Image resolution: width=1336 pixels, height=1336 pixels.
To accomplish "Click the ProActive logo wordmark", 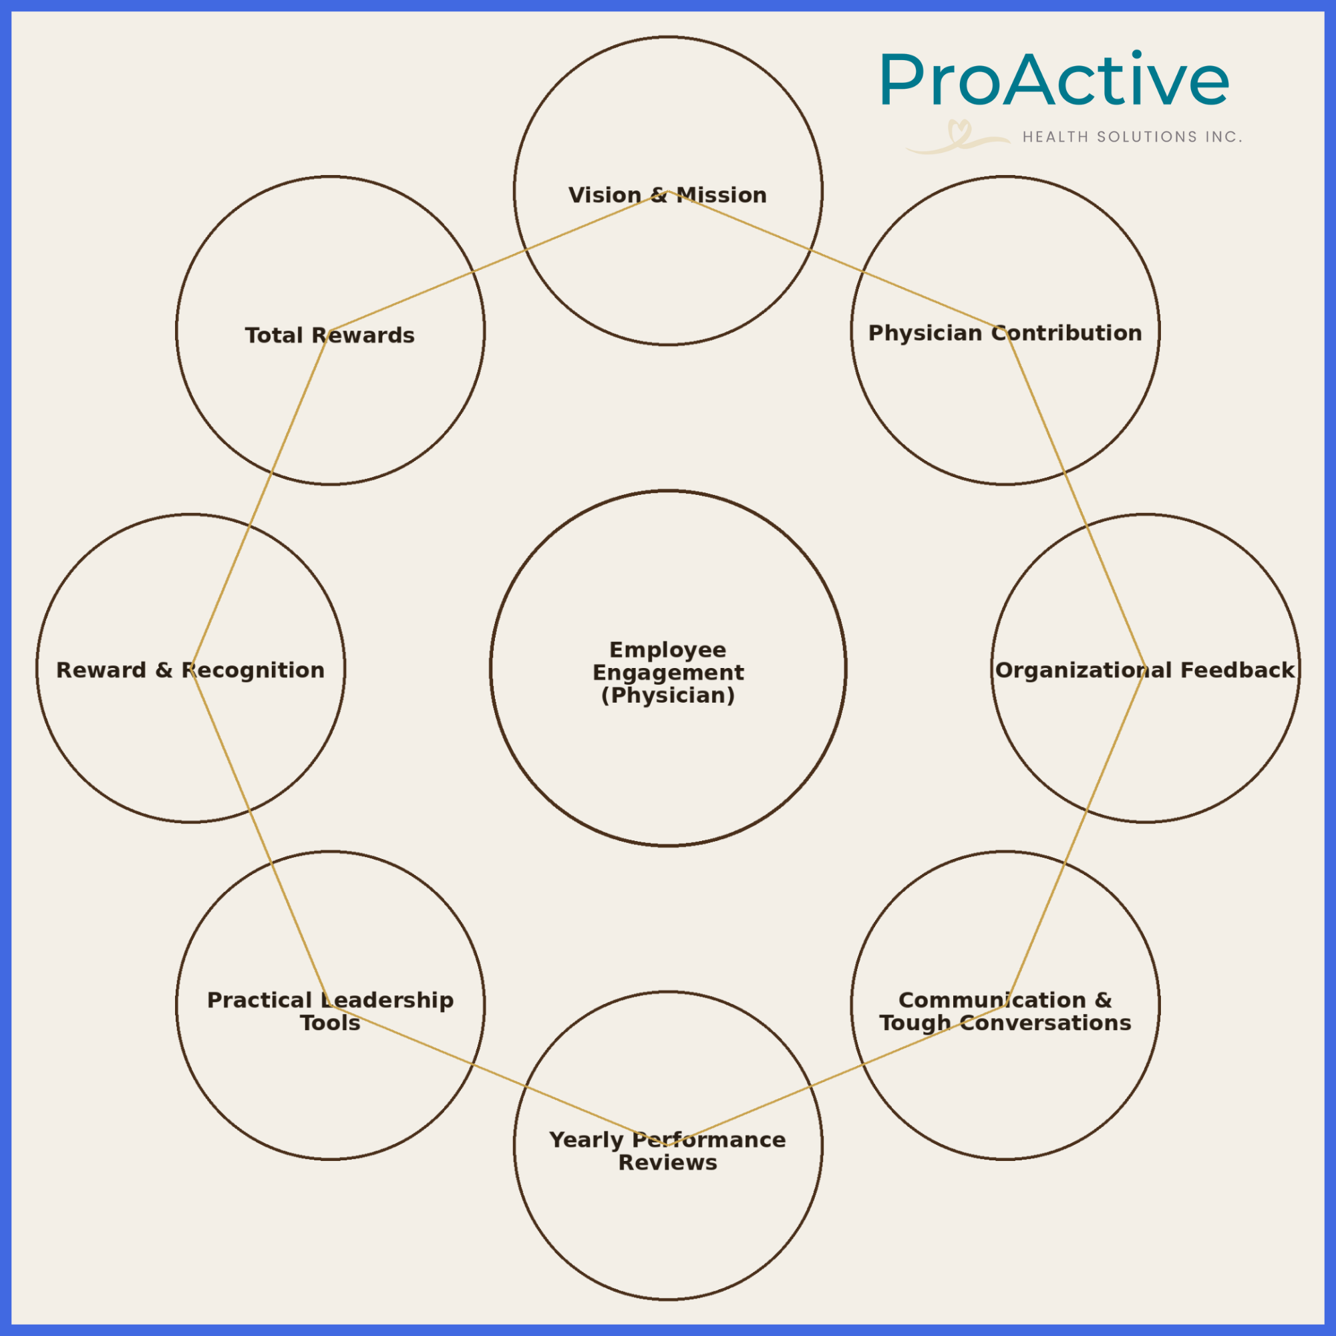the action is [1054, 80].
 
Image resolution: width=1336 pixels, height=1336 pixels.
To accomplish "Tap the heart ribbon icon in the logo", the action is [959, 136].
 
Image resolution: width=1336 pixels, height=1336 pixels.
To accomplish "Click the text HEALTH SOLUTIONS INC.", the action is [1132, 137].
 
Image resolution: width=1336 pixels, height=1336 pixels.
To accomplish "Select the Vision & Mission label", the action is [667, 195].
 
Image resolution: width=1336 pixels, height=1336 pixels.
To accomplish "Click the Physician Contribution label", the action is [1005, 333].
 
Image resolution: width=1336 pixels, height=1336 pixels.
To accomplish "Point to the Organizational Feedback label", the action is [1144, 670].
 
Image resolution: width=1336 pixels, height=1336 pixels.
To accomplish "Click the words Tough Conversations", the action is [1005, 1023].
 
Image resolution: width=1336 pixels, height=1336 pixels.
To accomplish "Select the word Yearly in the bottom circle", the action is [586, 1140].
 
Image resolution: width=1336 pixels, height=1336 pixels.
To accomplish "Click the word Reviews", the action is [667, 1162].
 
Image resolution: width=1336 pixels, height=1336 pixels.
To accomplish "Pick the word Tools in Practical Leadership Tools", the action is [330, 1023].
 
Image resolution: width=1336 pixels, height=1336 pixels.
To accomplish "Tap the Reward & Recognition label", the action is [190, 670].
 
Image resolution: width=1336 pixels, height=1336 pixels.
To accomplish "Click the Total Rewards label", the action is [330, 335].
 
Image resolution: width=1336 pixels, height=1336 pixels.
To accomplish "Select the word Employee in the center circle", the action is [667, 650].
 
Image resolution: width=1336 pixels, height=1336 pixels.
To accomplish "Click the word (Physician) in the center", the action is [667, 695].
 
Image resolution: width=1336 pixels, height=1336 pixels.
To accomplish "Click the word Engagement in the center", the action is [667, 672].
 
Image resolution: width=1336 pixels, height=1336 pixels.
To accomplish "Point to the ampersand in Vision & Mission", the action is [659, 195].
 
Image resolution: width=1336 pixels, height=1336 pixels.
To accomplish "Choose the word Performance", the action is [709, 1140].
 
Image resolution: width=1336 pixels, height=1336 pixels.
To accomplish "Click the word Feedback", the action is [1236, 670].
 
